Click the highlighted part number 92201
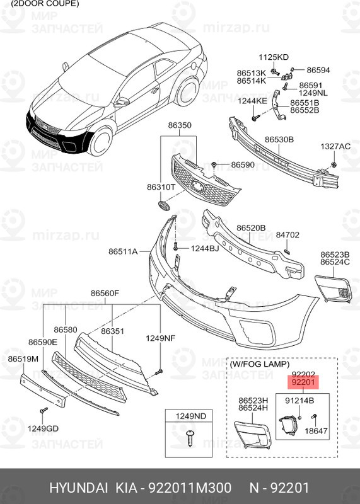pos(304,382)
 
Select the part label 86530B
pos(279,139)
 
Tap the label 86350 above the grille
pos(179,125)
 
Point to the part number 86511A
pos(122,251)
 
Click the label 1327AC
pos(335,146)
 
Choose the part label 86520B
pos(251,227)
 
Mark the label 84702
pos(287,235)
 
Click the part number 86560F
pos(105,293)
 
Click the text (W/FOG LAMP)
pos(260,364)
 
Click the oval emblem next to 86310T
pos(162,206)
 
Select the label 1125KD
pos(273,57)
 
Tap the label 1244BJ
pos(204,249)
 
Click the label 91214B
pos(299,400)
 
